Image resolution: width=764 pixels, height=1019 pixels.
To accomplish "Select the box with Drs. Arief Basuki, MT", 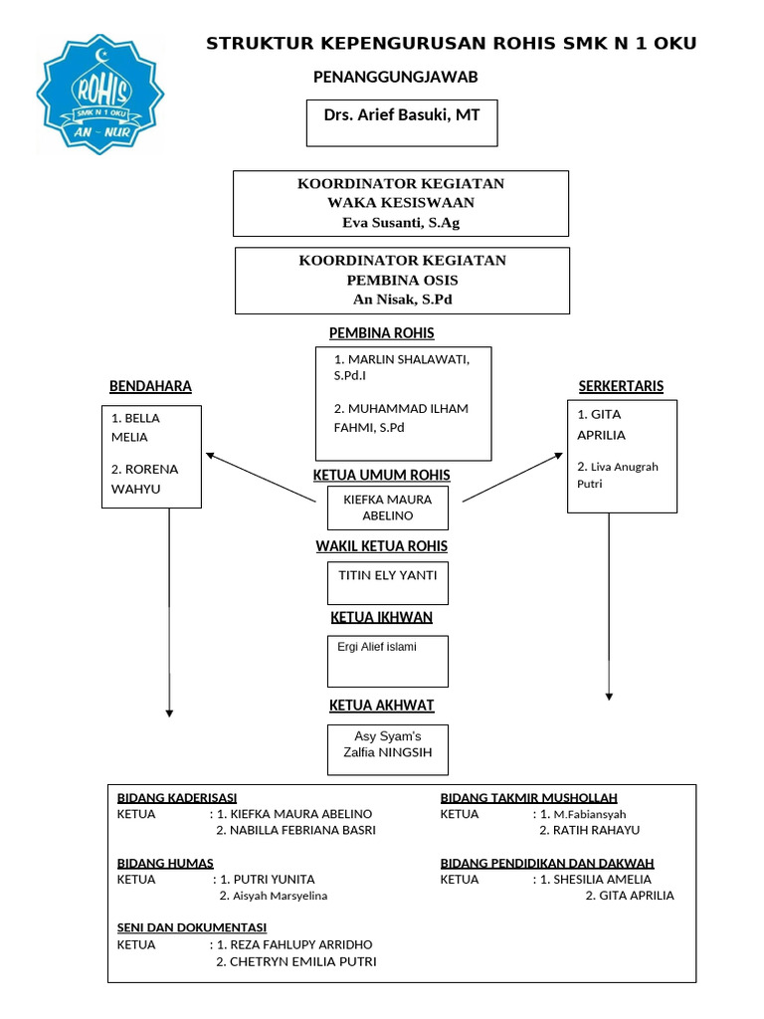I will tap(401, 122).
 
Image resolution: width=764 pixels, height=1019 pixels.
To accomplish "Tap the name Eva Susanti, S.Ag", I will tap(401, 223).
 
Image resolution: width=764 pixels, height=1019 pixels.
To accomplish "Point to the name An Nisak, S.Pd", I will tap(402, 299).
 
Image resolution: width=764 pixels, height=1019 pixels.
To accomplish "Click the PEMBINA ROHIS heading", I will tap(381, 333).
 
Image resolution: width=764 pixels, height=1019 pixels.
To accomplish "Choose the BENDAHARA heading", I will tap(150, 386).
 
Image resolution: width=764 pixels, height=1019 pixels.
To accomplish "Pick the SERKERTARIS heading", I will tap(621, 386).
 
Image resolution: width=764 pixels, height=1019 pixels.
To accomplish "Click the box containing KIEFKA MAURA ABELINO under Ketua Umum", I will tap(388, 508).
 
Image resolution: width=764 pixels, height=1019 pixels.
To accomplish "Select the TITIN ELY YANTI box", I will tap(388, 582).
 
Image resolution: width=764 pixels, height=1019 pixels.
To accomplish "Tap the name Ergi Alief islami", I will tap(377, 647).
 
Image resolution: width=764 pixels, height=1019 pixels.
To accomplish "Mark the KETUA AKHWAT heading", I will tap(381, 706).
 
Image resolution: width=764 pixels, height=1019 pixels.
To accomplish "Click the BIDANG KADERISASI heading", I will tap(177, 798).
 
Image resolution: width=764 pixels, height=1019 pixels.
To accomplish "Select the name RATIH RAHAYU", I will tap(596, 830).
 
